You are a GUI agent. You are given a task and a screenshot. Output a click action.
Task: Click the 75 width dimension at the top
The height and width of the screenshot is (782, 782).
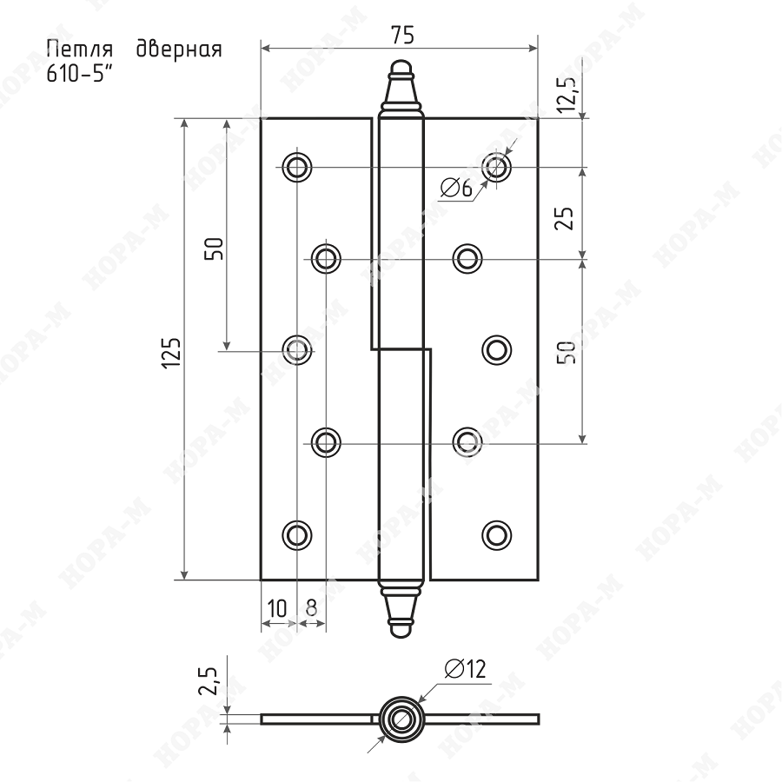402,35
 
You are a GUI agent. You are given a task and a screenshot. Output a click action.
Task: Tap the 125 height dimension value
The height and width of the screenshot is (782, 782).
171,353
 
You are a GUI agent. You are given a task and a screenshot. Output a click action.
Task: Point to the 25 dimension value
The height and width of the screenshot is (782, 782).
565,217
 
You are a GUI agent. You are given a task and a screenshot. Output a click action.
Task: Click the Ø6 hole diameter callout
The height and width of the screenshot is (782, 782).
456,188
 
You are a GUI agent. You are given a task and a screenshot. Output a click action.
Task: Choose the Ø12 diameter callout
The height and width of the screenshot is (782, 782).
466,669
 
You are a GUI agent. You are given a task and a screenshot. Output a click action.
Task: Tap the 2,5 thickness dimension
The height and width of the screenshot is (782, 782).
208,680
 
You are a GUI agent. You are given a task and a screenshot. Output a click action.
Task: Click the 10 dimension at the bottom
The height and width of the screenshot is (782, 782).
277,608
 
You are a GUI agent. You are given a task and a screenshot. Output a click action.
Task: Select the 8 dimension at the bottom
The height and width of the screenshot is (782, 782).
311,608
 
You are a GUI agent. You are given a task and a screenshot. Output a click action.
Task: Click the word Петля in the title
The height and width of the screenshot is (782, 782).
80,50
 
